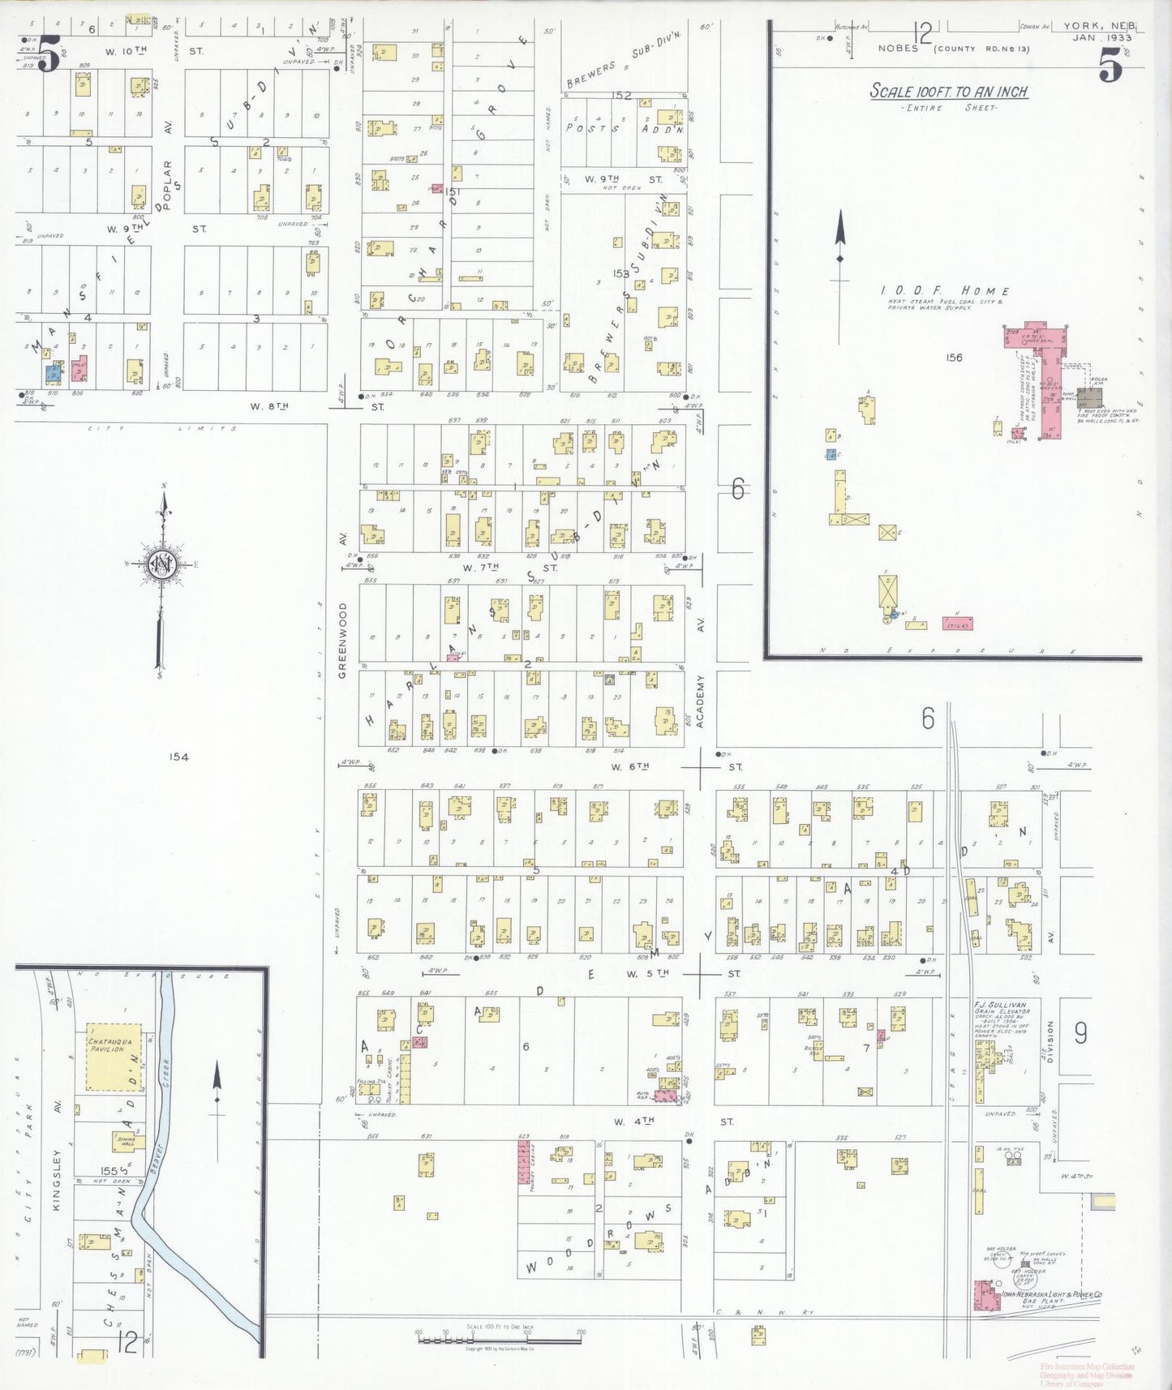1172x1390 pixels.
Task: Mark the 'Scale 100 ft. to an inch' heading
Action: tap(948, 92)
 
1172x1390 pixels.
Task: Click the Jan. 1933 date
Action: tap(1094, 38)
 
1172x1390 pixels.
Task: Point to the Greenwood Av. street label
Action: tap(342, 640)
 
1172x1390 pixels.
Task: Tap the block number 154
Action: tap(178, 757)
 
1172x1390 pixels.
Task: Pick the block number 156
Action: tap(954, 357)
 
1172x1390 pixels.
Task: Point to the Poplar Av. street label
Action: tap(169, 185)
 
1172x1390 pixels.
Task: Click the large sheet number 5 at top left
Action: tap(48, 59)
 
